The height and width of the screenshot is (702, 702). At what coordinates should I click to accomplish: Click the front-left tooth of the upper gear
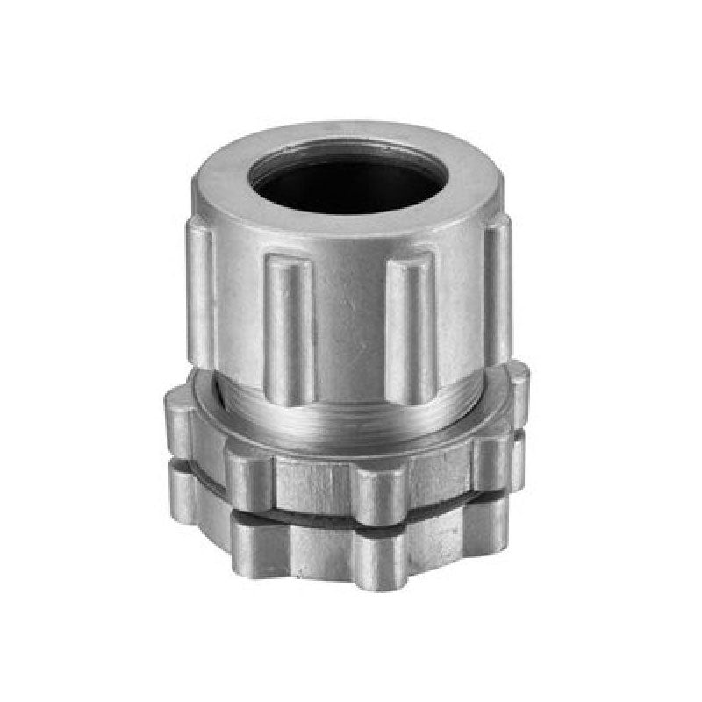pyautogui.click(x=250, y=478)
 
